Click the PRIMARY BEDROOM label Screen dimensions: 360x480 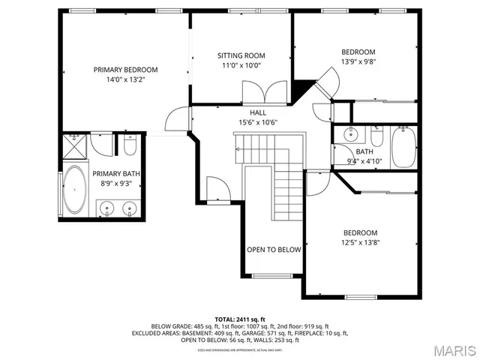point(125,70)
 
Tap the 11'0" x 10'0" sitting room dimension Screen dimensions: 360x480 point(241,66)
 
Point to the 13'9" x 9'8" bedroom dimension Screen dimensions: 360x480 point(358,62)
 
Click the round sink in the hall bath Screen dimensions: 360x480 point(349,136)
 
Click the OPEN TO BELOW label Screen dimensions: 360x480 point(274,250)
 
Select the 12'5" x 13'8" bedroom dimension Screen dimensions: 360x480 point(360,242)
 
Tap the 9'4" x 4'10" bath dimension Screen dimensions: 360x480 point(364,160)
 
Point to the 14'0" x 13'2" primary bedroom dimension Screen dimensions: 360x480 point(125,79)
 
